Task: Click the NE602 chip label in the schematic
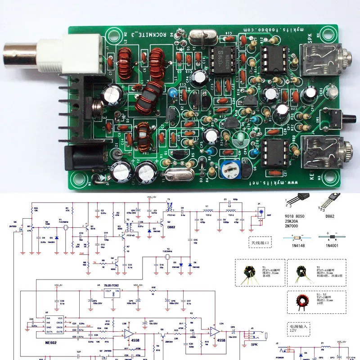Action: coord(41,342)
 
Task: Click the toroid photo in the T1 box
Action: coord(247,273)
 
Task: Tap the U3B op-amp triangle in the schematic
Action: coord(128,333)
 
